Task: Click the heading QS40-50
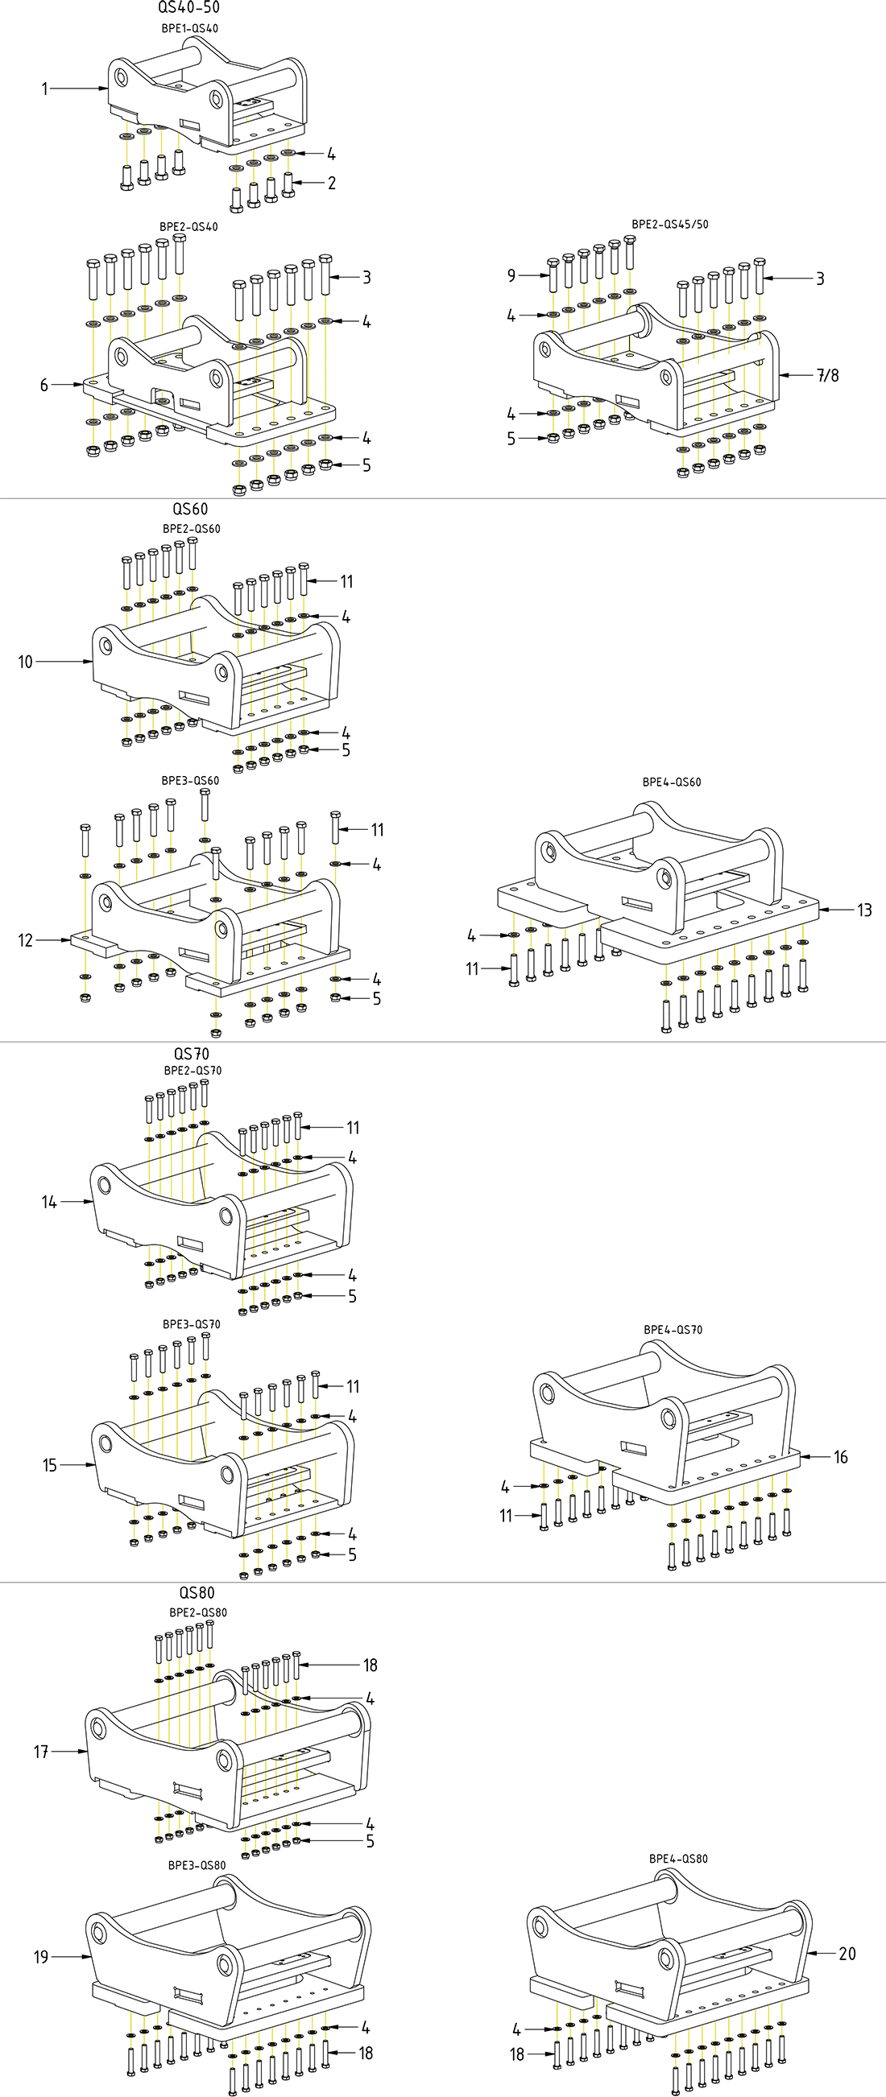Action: [188, 9]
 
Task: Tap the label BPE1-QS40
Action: [189, 28]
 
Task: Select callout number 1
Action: [46, 89]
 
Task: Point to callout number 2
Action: [331, 184]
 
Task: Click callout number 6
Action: [45, 385]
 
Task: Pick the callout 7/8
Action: [827, 375]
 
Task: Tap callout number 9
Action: [511, 276]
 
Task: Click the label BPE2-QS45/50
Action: [670, 224]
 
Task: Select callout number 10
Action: [25, 662]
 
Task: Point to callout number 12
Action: [25, 940]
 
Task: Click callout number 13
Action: [864, 910]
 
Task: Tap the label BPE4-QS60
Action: [671, 782]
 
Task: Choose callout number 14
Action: [49, 1202]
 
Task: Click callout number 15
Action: [50, 1465]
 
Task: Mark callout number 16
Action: [841, 1457]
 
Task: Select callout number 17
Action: [41, 1752]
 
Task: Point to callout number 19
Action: [41, 1957]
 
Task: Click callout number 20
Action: [847, 1954]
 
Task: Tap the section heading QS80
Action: [197, 1593]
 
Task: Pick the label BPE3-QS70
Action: [192, 1324]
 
